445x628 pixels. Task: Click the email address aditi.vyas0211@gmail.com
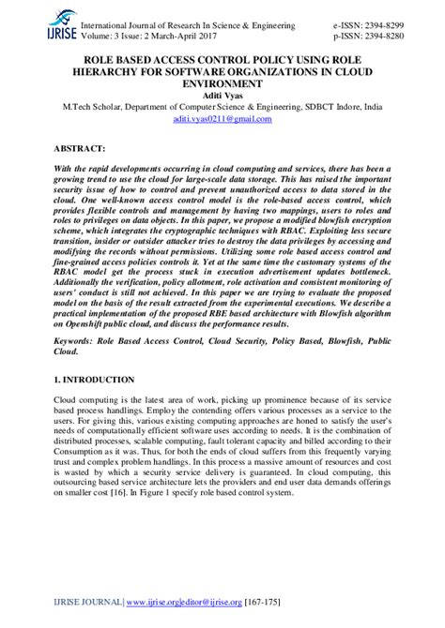point(222,120)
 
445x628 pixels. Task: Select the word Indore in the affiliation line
point(339,108)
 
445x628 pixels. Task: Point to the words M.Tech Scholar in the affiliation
point(86,108)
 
